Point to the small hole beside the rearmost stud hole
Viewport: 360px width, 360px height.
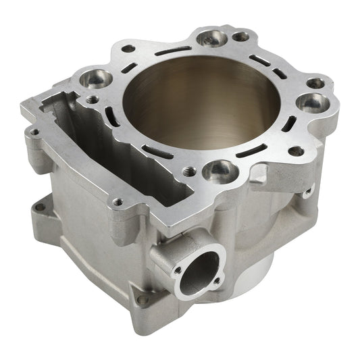[240, 36]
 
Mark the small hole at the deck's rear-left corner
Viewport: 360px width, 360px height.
[128, 49]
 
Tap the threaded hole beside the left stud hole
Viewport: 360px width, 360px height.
[93, 99]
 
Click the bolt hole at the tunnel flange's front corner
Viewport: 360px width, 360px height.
[118, 201]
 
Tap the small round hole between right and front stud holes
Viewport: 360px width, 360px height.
[296, 151]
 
